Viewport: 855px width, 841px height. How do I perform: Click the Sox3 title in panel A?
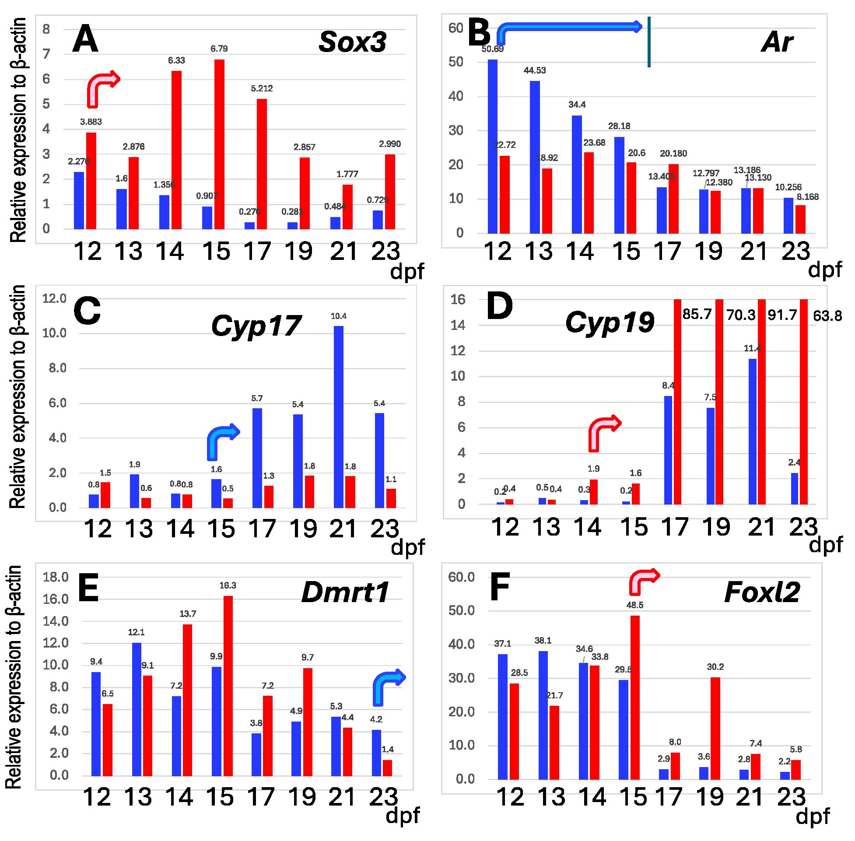pos(352,42)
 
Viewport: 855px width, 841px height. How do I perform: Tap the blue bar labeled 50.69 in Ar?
pos(492,146)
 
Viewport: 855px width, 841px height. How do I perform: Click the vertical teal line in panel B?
pos(648,42)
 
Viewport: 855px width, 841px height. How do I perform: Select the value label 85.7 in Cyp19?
pos(697,314)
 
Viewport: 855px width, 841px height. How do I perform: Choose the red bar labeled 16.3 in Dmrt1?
pos(228,685)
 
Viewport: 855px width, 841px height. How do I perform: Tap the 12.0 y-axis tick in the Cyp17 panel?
pos(54,298)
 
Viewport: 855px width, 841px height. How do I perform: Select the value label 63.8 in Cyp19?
pos(827,316)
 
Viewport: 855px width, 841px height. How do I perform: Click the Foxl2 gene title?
pos(762,592)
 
